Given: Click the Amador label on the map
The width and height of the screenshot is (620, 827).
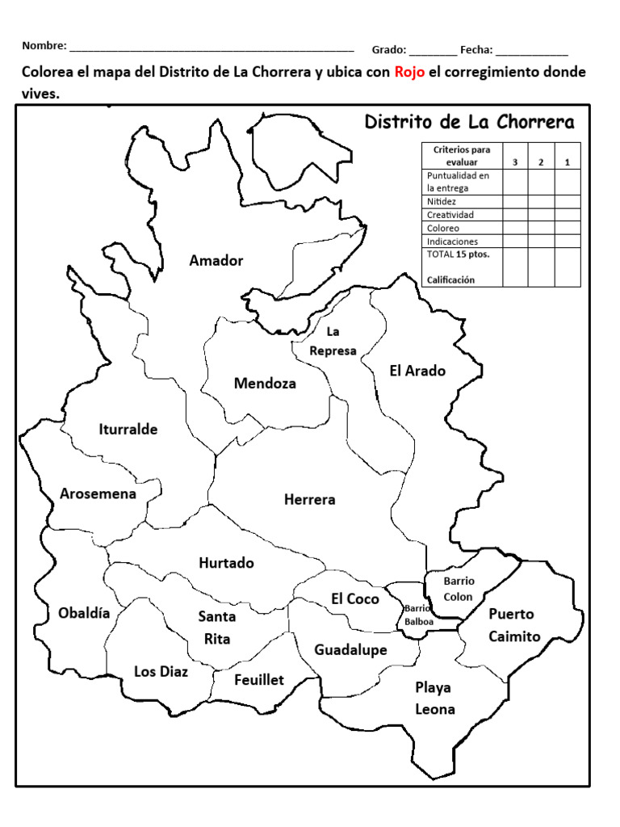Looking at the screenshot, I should pyautogui.click(x=216, y=260).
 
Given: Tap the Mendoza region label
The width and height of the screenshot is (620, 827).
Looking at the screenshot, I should pyautogui.click(x=265, y=383).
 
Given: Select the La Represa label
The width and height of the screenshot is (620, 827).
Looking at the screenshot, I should pyautogui.click(x=333, y=342).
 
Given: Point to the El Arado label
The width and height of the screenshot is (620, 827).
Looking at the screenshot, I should pyautogui.click(x=417, y=371).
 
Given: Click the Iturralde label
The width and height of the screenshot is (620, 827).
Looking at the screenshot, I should pyautogui.click(x=128, y=429).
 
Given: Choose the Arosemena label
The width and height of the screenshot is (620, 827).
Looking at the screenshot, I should pyautogui.click(x=98, y=493).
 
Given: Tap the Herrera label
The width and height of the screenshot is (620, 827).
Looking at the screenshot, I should pyautogui.click(x=309, y=499).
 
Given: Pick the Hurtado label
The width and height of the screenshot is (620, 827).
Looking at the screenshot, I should pyautogui.click(x=226, y=562).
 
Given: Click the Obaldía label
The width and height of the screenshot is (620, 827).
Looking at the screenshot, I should pyautogui.click(x=83, y=612).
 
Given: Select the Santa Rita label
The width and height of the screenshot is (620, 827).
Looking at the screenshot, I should pyautogui.click(x=217, y=628).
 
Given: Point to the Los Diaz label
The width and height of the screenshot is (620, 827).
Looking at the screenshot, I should pyautogui.click(x=161, y=671).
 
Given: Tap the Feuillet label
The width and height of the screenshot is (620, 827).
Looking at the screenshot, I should pyautogui.click(x=259, y=680).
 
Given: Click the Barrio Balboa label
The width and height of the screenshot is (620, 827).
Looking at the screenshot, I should pyautogui.click(x=419, y=615).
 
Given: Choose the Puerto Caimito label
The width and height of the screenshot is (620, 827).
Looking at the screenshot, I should pyautogui.click(x=514, y=625).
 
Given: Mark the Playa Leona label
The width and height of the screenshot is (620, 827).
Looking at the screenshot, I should pyautogui.click(x=434, y=699).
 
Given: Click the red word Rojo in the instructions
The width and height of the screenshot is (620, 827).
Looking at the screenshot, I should pyautogui.click(x=409, y=73).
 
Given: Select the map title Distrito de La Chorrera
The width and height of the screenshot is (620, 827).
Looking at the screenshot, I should pyautogui.click(x=470, y=122).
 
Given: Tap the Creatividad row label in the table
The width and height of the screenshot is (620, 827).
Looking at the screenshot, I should pyautogui.click(x=450, y=215).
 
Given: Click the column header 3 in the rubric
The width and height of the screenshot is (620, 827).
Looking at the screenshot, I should pyautogui.click(x=515, y=162).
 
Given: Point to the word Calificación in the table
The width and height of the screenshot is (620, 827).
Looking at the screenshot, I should pyautogui.click(x=451, y=279).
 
